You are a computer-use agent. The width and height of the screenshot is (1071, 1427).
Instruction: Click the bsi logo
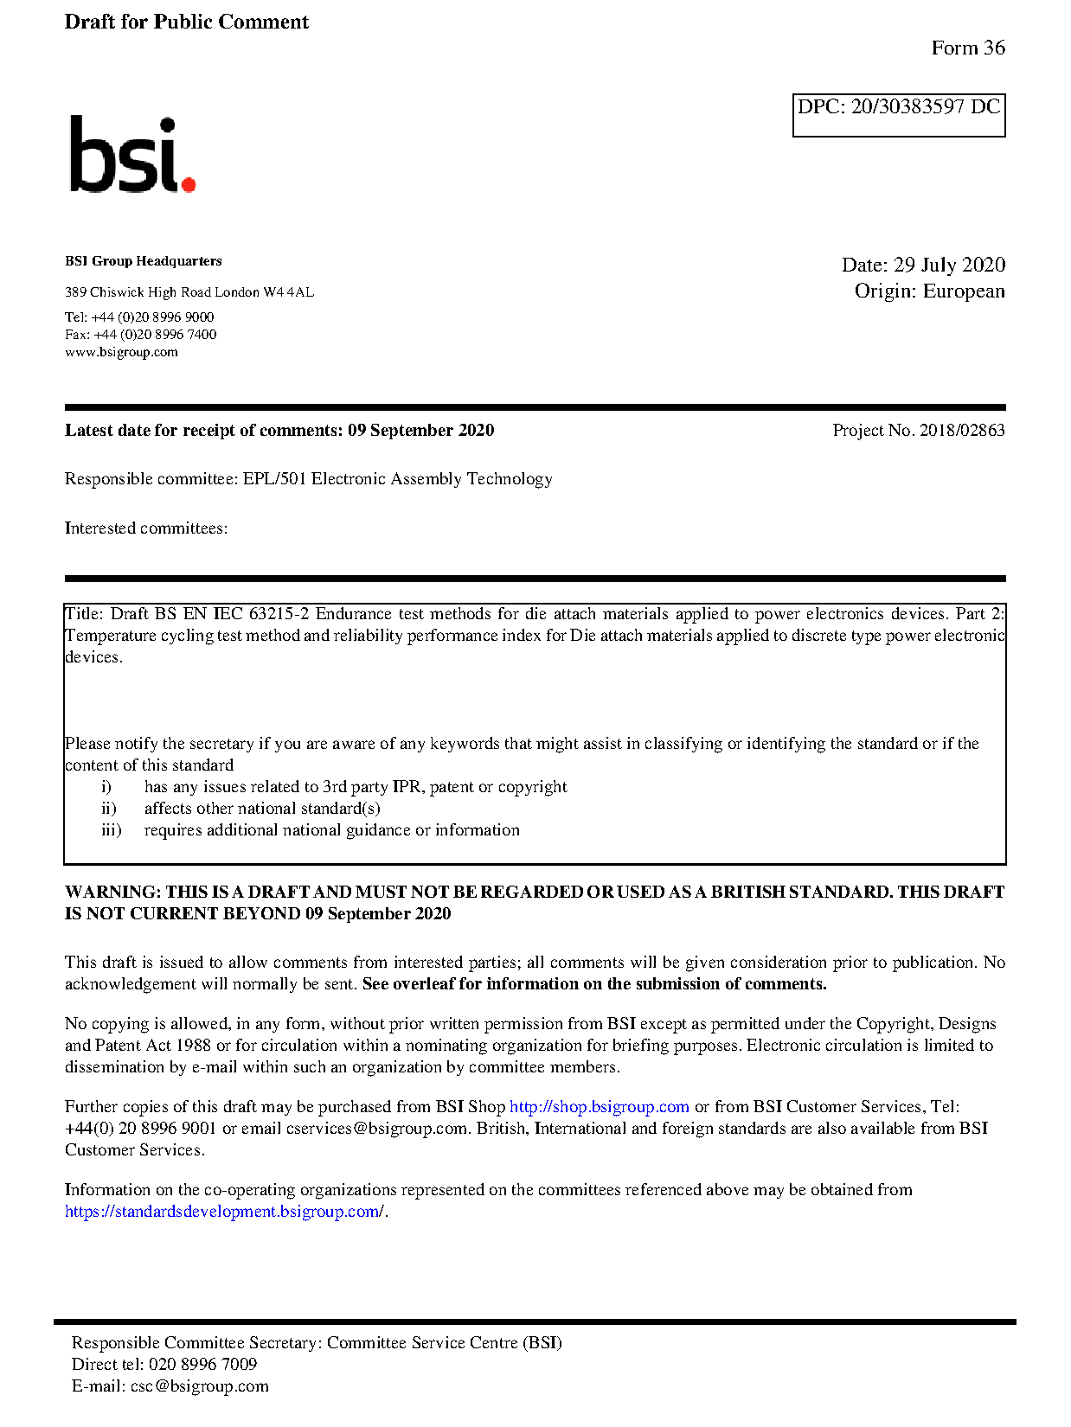pyautogui.click(x=131, y=156)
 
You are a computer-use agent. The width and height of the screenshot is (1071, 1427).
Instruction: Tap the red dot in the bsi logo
pyautogui.click(x=189, y=183)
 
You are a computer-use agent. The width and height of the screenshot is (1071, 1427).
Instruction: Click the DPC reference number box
pyautogui.click(x=898, y=114)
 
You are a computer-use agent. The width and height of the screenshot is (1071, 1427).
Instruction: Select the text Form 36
pyautogui.click(x=967, y=48)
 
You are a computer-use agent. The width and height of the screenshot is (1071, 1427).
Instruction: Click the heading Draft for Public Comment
pyautogui.click(x=186, y=22)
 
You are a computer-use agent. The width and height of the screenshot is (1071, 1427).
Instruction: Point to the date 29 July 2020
pyautogui.click(x=949, y=265)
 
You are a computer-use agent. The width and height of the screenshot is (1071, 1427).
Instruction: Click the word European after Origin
pyautogui.click(x=964, y=291)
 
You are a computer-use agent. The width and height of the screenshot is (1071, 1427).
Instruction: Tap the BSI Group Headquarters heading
pyautogui.click(x=143, y=261)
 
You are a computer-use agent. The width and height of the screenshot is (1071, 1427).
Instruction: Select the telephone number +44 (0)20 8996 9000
pyautogui.click(x=152, y=317)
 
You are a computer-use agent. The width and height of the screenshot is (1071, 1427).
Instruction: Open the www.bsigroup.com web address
pyautogui.click(x=121, y=352)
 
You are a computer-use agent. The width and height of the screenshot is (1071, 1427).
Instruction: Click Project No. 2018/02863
pyautogui.click(x=918, y=431)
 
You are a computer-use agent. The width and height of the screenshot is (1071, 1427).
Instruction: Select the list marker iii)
pyautogui.click(x=111, y=830)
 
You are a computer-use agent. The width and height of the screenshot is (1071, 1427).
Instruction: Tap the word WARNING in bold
pyautogui.click(x=112, y=893)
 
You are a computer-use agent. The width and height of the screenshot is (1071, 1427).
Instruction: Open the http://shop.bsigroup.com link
pyautogui.click(x=599, y=1107)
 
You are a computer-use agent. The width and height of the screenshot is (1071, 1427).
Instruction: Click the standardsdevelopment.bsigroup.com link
pyautogui.click(x=223, y=1212)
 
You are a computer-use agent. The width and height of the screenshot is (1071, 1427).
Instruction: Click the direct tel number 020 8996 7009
pyautogui.click(x=202, y=1365)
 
